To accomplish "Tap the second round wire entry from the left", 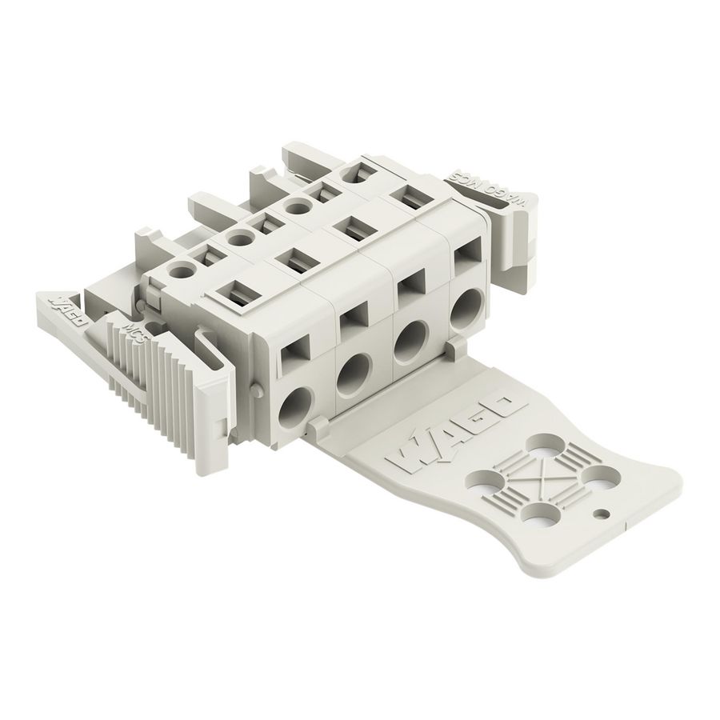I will (352, 370).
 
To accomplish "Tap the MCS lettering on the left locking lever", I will (134, 331).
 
